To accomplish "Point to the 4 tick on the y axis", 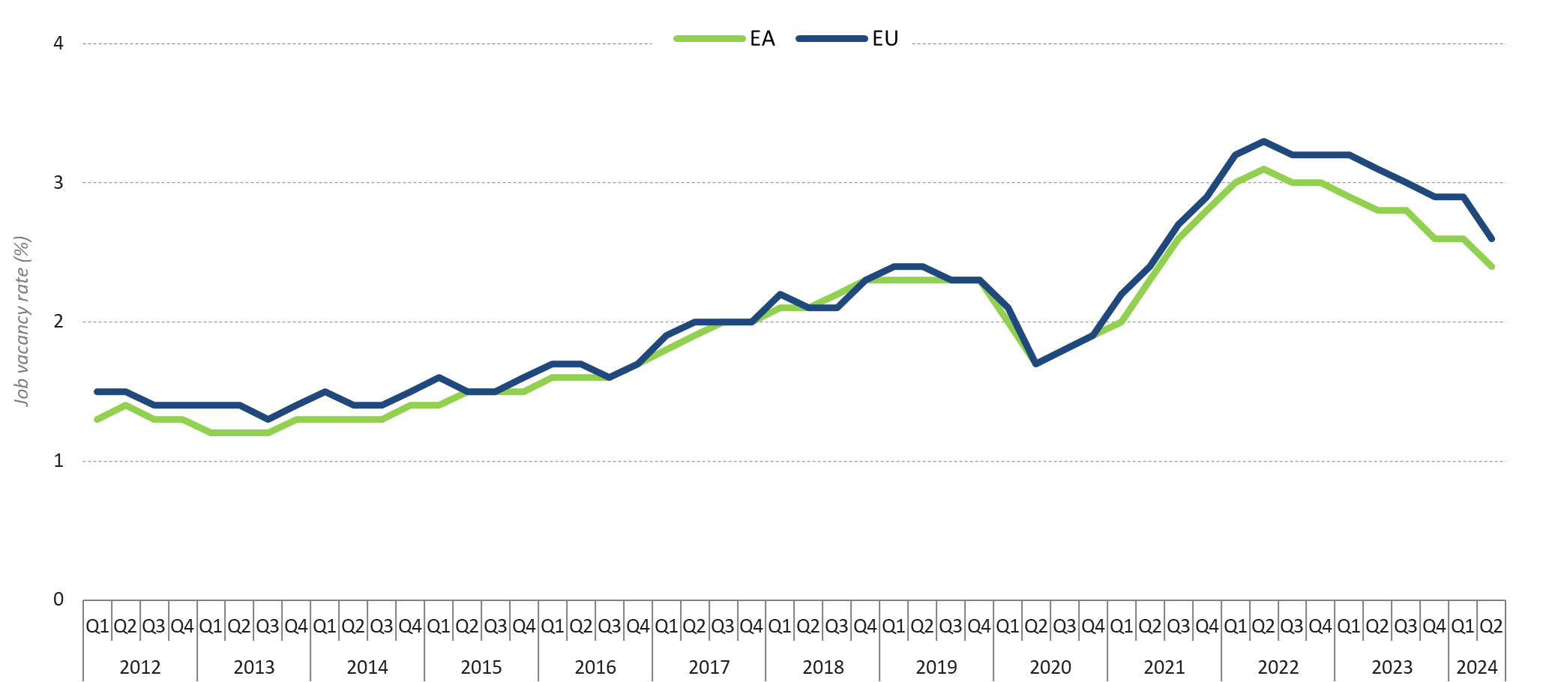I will (x=58, y=43).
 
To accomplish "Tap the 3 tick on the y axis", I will (x=58, y=183).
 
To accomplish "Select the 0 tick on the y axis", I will (x=58, y=600).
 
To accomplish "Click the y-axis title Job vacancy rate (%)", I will (x=22, y=322).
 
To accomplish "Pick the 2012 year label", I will (x=140, y=667).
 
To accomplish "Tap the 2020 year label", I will (x=1050, y=667).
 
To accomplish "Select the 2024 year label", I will (x=1477, y=667).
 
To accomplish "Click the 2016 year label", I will (x=595, y=667).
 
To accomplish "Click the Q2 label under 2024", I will (x=1491, y=626).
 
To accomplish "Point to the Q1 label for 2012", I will (x=97, y=626).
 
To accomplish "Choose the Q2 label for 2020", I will (x=1036, y=626).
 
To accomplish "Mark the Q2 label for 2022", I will (x=1263, y=626).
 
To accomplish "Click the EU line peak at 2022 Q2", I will (x=1264, y=141).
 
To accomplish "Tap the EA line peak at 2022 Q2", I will (x=1264, y=169).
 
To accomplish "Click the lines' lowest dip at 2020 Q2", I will (x=1036, y=363).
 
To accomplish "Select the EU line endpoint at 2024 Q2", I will (x=1492, y=238).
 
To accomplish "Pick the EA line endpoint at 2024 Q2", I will (x=1492, y=266).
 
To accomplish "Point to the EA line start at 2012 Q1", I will (x=97, y=419).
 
